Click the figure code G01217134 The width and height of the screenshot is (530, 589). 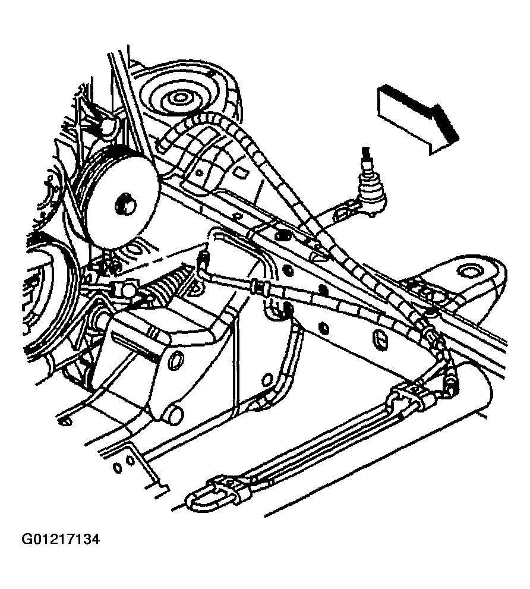tap(61, 540)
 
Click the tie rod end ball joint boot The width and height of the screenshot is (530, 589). tap(371, 194)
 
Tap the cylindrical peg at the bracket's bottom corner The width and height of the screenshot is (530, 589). tap(172, 414)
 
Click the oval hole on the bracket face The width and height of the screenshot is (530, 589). tap(176, 360)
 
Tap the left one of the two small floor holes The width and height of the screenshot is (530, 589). tap(118, 467)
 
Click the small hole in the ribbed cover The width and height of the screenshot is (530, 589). tap(200, 173)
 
